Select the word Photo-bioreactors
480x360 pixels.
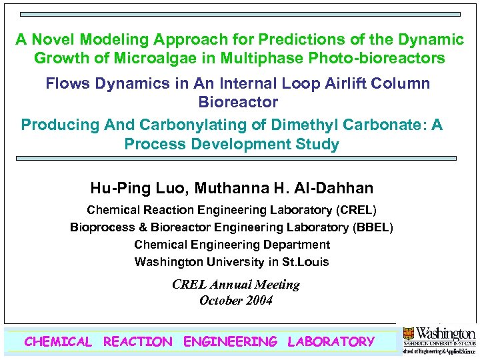pyautogui.click(x=377, y=58)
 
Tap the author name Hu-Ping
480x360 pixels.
pyautogui.click(x=118, y=189)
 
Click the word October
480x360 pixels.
pyautogui.click(x=221, y=301)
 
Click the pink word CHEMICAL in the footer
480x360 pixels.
pyautogui.click(x=58, y=342)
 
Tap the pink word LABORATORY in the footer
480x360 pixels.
pyautogui.click(x=331, y=342)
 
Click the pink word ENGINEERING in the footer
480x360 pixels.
pyautogui.click(x=230, y=342)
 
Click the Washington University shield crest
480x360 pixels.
pyautogui.click(x=408, y=333)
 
